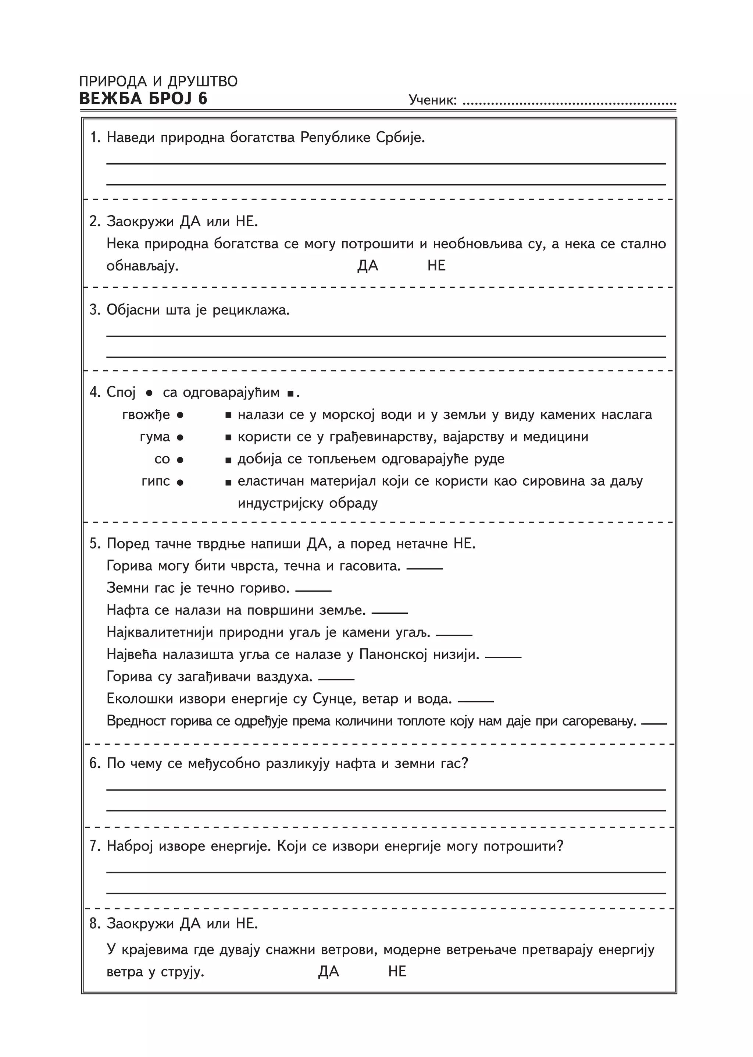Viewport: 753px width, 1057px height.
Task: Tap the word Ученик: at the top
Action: (x=433, y=100)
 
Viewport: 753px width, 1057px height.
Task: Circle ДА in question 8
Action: (x=329, y=971)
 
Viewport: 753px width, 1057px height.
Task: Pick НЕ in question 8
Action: (x=397, y=971)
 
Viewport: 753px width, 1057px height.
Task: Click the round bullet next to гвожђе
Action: (x=181, y=415)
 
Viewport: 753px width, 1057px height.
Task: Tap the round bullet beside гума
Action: (x=181, y=437)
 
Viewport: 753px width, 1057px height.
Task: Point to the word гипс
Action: (x=156, y=482)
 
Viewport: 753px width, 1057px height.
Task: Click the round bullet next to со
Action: (x=181, y=460)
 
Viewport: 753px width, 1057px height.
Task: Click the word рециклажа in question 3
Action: (x=251, y=310)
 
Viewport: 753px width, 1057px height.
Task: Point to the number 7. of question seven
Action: (x=95, y=846)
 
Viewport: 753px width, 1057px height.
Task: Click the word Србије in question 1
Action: (x=400, y=138)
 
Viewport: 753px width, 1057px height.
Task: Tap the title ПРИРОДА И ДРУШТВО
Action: (x=158, y=82)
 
